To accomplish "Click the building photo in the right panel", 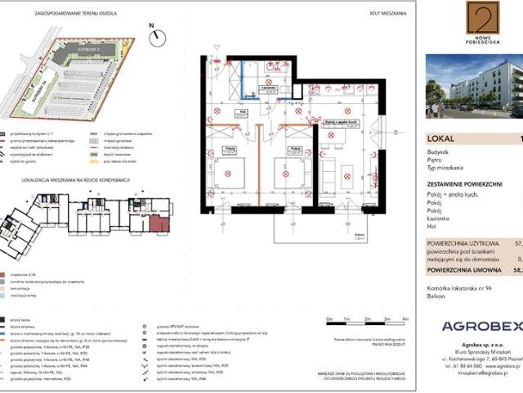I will (474, 86).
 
